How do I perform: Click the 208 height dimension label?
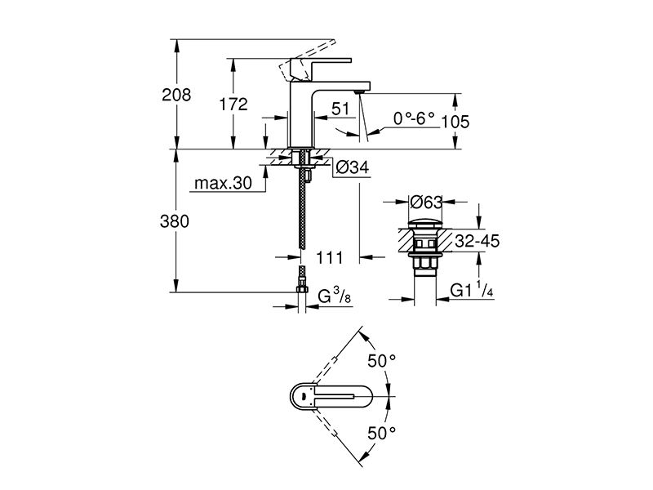pyautogui.click(x=176, y=95)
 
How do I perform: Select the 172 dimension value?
pyautogui.click(x=233, y=105)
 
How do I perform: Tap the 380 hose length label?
pyautogui.click(x=175, y=221)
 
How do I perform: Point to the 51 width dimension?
pyautogui.click(x=340, y=109)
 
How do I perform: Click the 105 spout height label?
pyautogui.click(x=455, y=122)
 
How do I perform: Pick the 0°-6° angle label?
pyautogui.click(x=414, y=119)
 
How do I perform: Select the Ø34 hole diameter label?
pyautogui.click(x=353, y=167)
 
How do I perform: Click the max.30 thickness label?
pyautogui.click(x=223, y=183)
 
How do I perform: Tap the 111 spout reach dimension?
pyautogui.click(x=330, y=258)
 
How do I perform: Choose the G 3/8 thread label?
pyautogui.click(x=335, y=296)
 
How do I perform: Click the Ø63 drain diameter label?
pyautogui.click(x=425, y=202)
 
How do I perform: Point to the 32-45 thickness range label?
pyautogui.click(x=477, y=241)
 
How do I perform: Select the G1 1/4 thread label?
pyautogui.click(x=472, y=290)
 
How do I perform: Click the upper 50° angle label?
pyautogui.click(x=381, y=361)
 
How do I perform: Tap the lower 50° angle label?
pyautogui.click(x=381, y=434)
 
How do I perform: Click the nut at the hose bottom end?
pyautogui.click(x=302, y=290)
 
